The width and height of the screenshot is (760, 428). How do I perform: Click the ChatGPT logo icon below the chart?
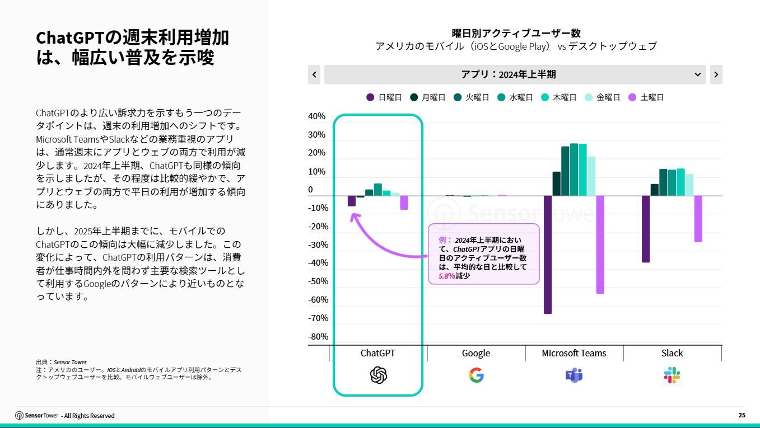coord(379,375)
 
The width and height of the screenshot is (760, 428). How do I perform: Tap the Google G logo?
coord(476,375)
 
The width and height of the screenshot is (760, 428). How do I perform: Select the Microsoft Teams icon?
coord(574,375)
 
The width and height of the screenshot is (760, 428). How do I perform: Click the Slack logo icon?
coord(672,375)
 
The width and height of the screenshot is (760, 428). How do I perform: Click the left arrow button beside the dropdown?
coord(314,74)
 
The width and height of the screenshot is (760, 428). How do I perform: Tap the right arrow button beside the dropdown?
coord(716,74)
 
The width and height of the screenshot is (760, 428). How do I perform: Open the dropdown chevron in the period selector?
coord(698,74)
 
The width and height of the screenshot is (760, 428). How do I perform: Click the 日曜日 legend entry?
coord(384,97)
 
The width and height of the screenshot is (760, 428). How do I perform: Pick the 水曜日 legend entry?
coord(515,97)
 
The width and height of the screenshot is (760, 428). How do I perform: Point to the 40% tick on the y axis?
coord(316,116)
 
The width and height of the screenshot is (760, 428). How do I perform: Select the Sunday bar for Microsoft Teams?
coord(548,255)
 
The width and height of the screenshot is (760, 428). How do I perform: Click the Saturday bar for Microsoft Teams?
coord(600,244)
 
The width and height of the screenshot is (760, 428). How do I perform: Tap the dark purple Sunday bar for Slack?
coord(646,229)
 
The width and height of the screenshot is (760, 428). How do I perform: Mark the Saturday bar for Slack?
coord(698,219)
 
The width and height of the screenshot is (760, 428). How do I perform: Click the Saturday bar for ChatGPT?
coord(404,203)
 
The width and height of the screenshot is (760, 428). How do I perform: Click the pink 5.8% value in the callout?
coord(446,276)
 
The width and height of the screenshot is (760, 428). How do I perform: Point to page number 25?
coord(742,415)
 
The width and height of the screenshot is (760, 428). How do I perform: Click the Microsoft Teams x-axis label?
coord(574,353)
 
